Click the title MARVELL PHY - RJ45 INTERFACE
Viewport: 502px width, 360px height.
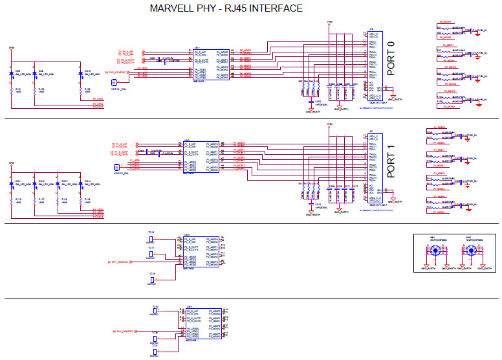coord(226,8)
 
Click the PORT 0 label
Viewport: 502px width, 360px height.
coord(390,60)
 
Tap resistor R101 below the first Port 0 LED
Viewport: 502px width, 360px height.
coord(17,91)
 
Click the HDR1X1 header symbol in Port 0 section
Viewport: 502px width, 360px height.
coord(114,82)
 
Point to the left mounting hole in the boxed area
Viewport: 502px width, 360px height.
coord(436,251)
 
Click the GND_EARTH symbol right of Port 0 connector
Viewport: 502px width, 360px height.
coord(394,96)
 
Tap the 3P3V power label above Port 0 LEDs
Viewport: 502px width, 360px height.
coord(12,49)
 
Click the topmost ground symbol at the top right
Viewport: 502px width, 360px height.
coord(477,33)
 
